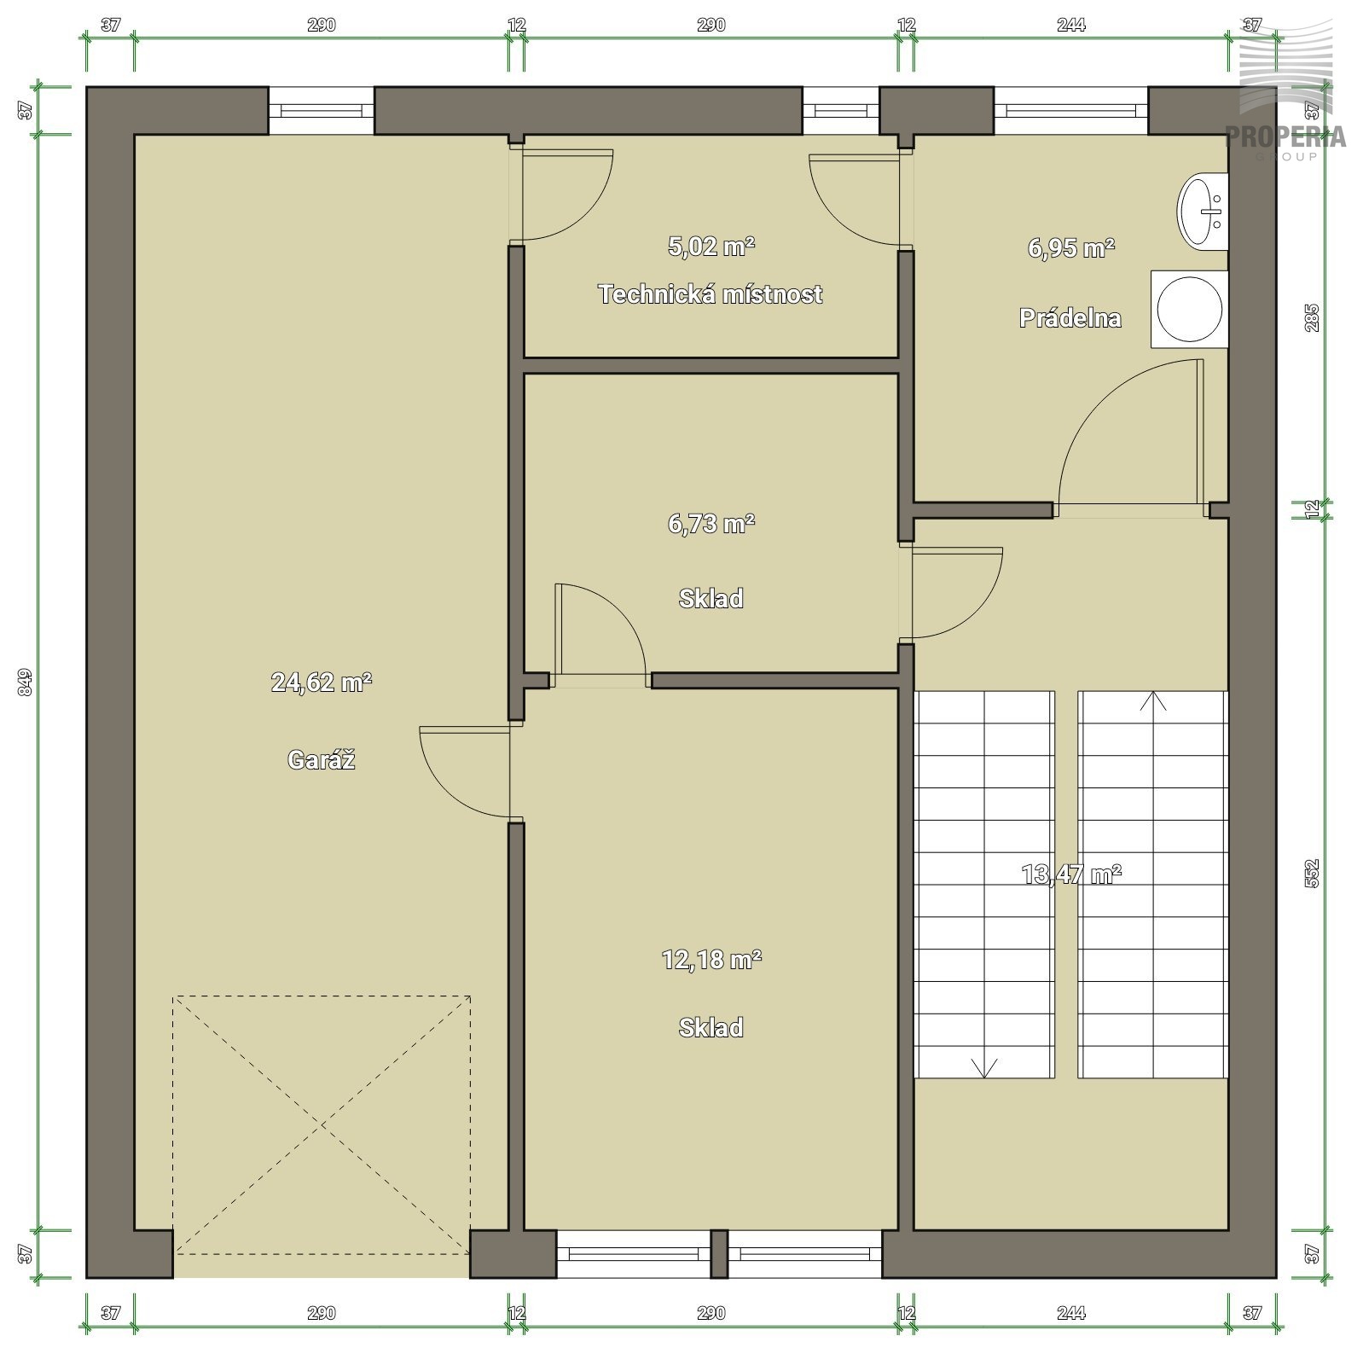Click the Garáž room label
tap(321, 759)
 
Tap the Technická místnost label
tap(710, 294)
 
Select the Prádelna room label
tap(1070, 318)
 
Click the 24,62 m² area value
tap(321, 682)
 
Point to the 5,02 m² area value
tap(710, 247)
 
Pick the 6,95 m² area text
tap(1070, 248)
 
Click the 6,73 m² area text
tap(710, 523)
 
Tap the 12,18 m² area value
tap(710, 960)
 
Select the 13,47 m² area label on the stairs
tap(1070, 874)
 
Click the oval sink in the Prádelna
tap(1202, 210)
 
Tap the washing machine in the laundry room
tap(1189, 309)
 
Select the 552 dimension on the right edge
tap(1312, 873)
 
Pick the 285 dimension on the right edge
tap(1312, 318)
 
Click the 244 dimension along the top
tap(1070, 26)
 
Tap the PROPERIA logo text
tap(1286, 136)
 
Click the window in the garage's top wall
tap(322, 110)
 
